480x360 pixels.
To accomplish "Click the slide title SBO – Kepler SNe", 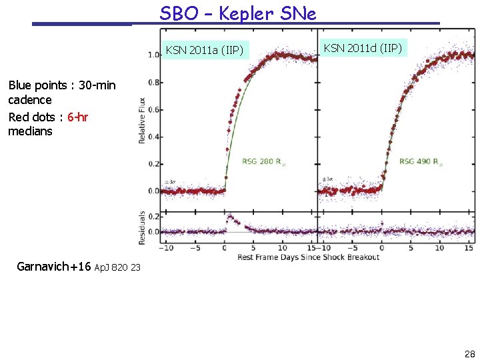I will click(x=238, y=13).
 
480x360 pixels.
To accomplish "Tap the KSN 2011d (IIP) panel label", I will click(x=363, y=48).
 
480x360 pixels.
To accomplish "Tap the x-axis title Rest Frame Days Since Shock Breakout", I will click(x=308, y=257).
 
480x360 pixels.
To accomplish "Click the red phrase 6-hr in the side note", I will click(x=78, y=117).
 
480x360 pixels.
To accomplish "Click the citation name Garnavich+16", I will click(x=53, y=267).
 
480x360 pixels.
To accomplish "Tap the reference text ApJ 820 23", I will click(x=117, y=268).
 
